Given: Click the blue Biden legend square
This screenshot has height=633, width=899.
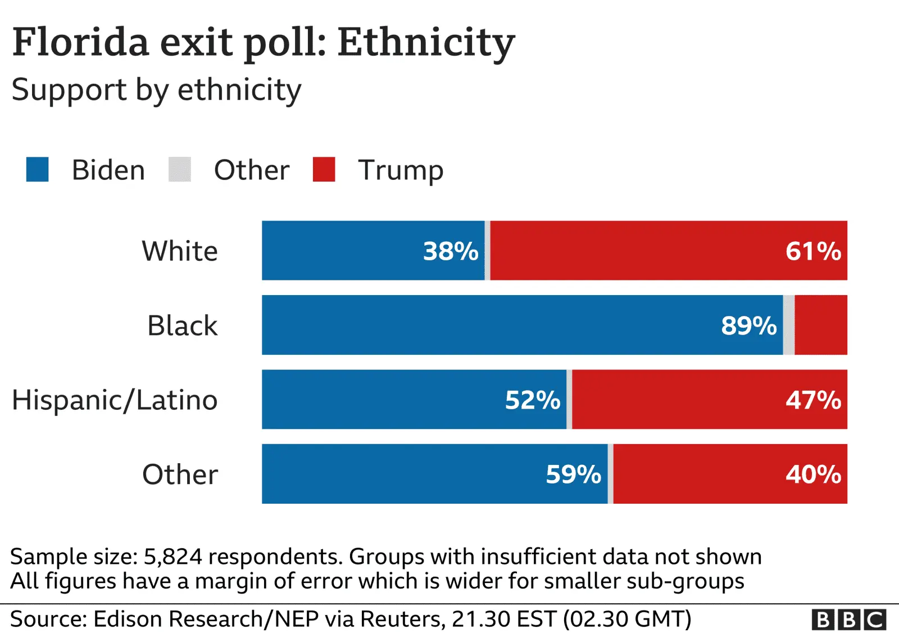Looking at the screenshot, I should click(x=37, y=170).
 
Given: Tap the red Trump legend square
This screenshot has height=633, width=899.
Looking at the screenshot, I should click(x=324, y=170).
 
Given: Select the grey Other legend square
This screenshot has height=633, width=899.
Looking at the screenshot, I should click(x=180, y=170).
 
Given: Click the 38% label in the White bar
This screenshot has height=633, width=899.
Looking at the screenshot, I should click(x=451, y=251).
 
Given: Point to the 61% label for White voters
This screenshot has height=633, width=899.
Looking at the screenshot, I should click(x=813, y=251).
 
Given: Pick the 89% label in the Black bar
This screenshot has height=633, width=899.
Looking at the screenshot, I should click(x=749, y=325).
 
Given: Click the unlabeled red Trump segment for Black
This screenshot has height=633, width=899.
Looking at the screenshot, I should click(x=821, y=325).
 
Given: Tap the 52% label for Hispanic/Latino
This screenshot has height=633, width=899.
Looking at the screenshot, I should click(x=533, y=400).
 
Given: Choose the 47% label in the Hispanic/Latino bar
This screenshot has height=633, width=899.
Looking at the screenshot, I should click(x=813, y=400).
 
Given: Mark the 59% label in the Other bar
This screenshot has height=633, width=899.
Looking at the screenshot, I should click(x=574, y=474).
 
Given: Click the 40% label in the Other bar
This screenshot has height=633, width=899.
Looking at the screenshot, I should click(x=813, y=474).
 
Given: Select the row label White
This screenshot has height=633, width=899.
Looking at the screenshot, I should click(x=180, y=251).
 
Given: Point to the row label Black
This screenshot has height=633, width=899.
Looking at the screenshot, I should click(x=182, y=325).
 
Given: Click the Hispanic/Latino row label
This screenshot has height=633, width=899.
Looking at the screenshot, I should click(x=115, y=400).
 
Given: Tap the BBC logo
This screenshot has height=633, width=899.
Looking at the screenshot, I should click(x=848, y=620).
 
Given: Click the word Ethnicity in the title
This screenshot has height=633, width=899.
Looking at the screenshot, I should click(x=426, y=43).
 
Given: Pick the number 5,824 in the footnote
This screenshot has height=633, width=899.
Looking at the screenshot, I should click(x=172, y=557).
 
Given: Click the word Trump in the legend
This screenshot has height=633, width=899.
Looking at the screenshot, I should click(x=401, y=170).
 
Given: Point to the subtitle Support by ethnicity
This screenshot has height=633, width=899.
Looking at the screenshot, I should click(x=156, y=90).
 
